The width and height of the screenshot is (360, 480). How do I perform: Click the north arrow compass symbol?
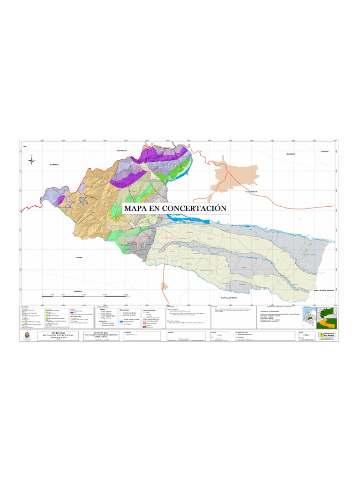[x=31, y=160]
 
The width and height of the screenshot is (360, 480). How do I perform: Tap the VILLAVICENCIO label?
[x=250, y=192]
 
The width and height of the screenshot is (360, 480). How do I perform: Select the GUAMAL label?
[x=79, y=257]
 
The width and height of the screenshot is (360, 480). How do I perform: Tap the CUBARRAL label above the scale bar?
[x=78, y=291]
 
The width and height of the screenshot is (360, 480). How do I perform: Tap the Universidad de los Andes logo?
[x=327, y=335]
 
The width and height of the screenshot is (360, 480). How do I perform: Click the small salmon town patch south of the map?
[x=164, y=286]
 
